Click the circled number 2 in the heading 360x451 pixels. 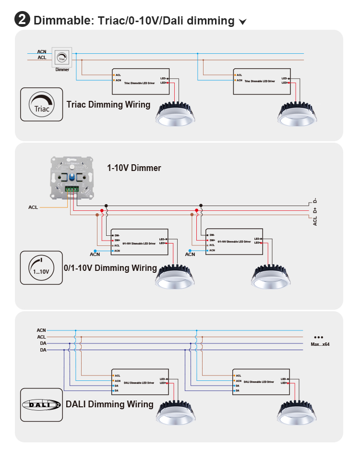click(22, 20)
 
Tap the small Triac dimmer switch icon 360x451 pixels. click(62, 58)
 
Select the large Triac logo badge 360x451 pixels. click(42, 104)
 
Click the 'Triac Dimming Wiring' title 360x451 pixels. click(108, 105)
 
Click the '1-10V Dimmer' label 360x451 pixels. click(134, 168)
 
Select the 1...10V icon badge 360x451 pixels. click(41, 268)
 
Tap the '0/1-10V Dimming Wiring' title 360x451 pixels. click(110, 268)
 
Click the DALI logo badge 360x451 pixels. click(42, 404)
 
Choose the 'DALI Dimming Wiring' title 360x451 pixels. click(109, 404)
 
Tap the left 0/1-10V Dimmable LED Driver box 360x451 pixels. click(139, 242)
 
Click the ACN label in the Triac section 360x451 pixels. click(42, 51)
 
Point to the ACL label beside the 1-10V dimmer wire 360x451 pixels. click(33, 207)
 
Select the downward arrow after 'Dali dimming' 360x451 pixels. click(243, 22)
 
